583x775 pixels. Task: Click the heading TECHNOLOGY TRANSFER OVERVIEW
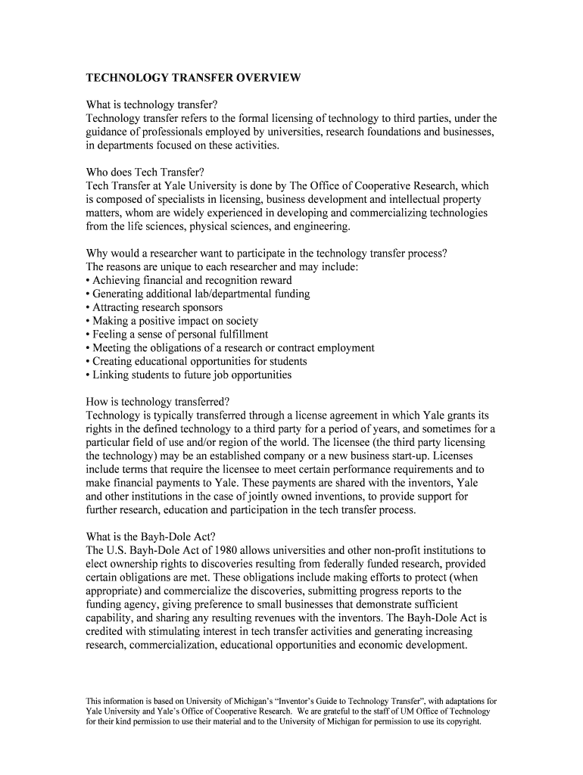pos(193,78)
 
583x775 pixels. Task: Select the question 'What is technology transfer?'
pos(157,104)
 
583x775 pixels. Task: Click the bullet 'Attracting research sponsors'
pos(155,307)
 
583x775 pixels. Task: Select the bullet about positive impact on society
pos(173,321)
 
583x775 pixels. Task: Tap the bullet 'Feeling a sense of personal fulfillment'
pos(178,335)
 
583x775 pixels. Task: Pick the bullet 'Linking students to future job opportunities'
pos(189,375)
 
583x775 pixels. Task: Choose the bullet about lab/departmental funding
pos(198,294)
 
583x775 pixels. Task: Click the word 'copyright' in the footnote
pos(462,721)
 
